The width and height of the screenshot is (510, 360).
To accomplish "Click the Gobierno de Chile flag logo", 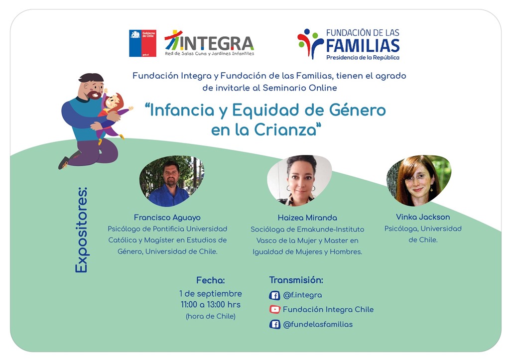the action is pyautogui.click(x=142, y=43).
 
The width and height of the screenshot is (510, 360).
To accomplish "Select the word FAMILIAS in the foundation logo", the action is pyautogui.click(x=363, y=45).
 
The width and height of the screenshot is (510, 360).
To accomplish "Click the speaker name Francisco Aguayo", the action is pyautogui.click(x=167, y=218).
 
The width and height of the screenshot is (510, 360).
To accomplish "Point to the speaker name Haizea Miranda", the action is pyautogui.click(x=307, y=218).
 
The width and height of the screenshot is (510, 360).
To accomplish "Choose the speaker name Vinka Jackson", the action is pyautogui.click(x=423, y=217).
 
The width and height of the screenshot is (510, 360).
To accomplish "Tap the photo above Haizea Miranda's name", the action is pyautogui.click(x=299, y=180).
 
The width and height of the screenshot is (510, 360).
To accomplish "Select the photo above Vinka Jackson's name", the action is pyautogui.click(x=418, y=180).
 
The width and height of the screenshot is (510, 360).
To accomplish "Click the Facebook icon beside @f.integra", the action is pyautogui.click(x=274, y=295).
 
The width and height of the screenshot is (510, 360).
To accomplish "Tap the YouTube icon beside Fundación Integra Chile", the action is pyautogui.click(x=274, y=309).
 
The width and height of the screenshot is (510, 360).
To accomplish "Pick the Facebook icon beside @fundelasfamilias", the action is pyautogui.click(x=274, y=324).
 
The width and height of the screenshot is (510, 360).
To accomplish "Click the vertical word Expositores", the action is pyautogui.click(x=81, y=230).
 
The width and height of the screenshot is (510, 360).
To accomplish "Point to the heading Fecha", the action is pyautogui.click(x=211, y=280).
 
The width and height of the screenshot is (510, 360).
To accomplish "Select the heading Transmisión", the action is pyautogui.click(x=296, y=280).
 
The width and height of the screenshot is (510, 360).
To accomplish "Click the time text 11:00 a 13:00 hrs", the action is pyautogui.click(x=211, y=305).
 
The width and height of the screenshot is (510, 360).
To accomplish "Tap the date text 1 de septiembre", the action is pyautogui.click(x=211, y=294).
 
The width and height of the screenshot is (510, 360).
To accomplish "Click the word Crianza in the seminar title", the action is pyautogui.click(x=285, y=130).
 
